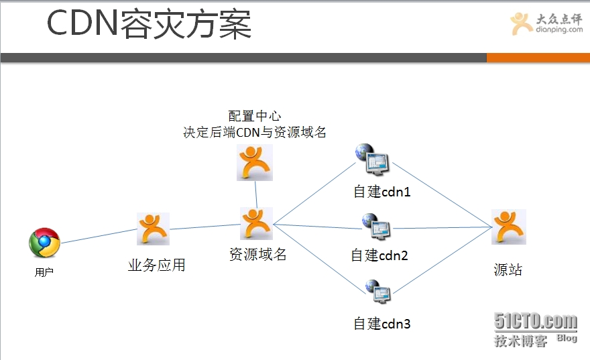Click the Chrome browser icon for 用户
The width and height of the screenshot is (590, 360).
coord(44,243)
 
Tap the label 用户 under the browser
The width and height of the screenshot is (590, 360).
coord(44,273)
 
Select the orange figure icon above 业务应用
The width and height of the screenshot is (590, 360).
coord(154,229)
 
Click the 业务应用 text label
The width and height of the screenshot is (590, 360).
coord(156,265)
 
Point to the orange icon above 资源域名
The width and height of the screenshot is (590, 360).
coord(256,223)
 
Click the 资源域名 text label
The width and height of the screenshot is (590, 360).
coord(258,255)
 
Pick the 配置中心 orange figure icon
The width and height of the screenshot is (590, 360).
coord(255,163)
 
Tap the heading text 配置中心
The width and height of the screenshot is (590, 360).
coord(254,116)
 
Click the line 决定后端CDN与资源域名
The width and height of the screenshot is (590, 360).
coord(255,132)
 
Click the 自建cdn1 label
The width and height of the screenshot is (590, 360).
coord(382,192)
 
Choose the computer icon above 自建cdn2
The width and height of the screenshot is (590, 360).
coord(376,227)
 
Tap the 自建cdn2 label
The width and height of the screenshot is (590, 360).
coord(379,255)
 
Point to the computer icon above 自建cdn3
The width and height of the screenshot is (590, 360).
coord(378,291)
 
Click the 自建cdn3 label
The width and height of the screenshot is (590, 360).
coord(382,324)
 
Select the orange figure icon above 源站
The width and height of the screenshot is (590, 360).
coord(508,227)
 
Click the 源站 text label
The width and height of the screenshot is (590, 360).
coord(508,270)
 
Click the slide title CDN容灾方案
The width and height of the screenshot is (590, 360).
coord(149,25)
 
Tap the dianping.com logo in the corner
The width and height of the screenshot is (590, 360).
coord(546,25)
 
